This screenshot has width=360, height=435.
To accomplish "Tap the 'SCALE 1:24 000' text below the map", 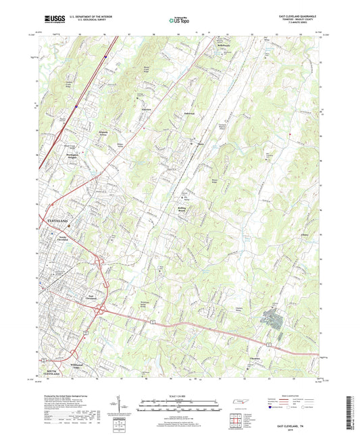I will pyautogui.click(x=179, y=396).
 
